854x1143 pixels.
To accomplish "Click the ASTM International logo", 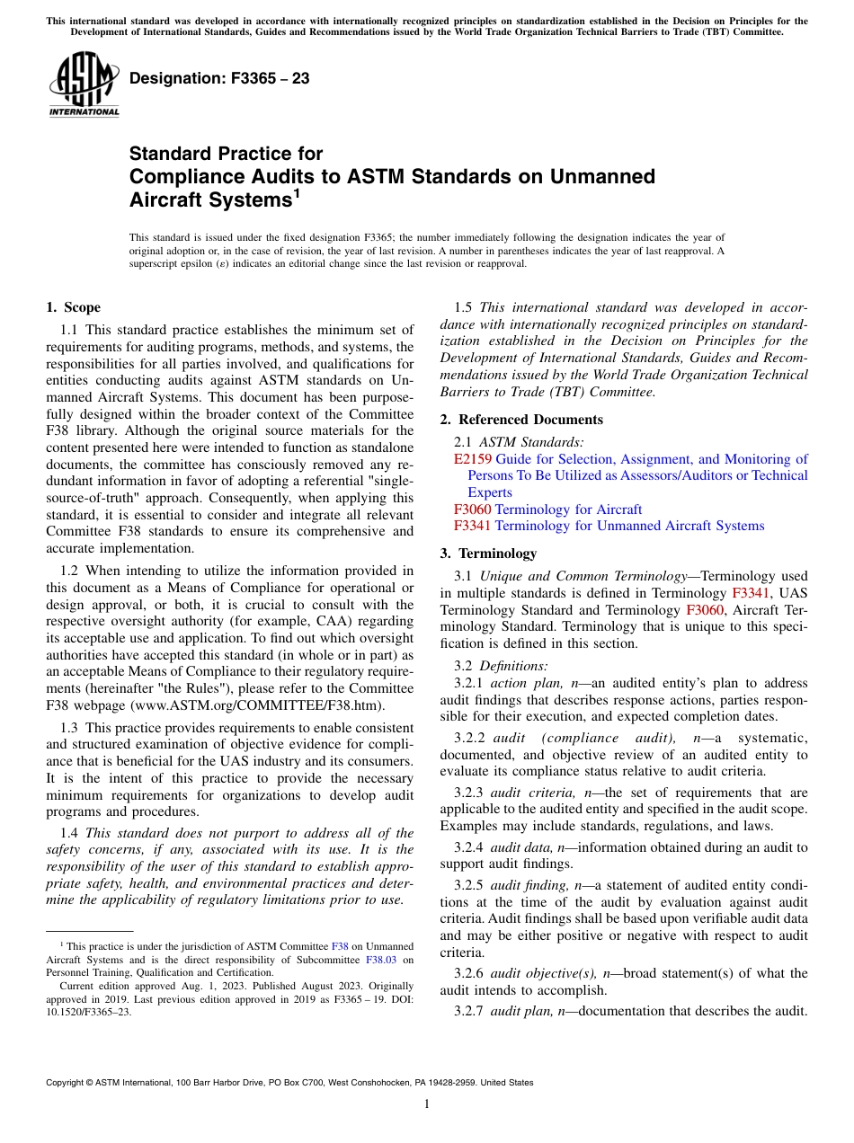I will pos(83,84).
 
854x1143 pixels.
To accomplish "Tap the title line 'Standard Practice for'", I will pos(226,154).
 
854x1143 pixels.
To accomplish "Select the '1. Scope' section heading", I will pos(73,307).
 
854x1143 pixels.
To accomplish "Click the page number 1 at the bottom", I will pos(427,1104).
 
